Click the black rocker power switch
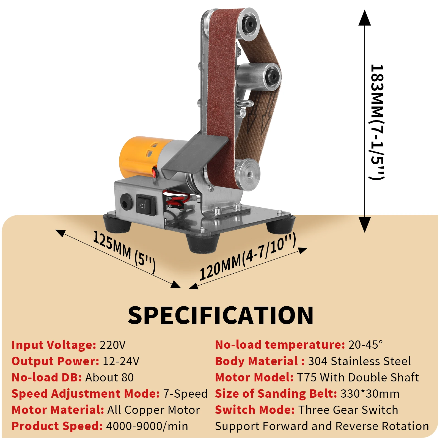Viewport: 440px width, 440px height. pyautogui.click(x=146, y=205)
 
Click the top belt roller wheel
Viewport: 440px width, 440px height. pyautogui.click(x=248, y=24)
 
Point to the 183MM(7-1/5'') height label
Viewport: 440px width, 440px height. pyautogui.click(x=377, y=122)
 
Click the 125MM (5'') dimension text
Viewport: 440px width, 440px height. pyautogui.click(x=124, y=252)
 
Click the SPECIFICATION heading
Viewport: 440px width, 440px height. pyautogui.click(x=221, y=315)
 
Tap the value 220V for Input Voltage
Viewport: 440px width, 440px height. pyautogui.click(x=112, y=345)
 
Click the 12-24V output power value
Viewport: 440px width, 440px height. pyautogui.click(x=121, y=361)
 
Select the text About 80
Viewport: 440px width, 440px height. pyautogui.click(x=109, y=377)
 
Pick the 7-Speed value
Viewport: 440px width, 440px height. pyautogui.click(x=185, y=394)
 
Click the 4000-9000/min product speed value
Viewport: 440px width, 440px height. pyautogui.click(x=147, y=426)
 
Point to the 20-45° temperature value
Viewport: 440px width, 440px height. pyautogui.click(x=365, y=345)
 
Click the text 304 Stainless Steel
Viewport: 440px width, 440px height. pyautogui.click(x=359, y=361)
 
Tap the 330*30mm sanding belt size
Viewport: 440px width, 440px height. pyautogui.click(x=370, y=394)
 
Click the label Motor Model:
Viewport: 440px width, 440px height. pyautogui.click(x=254, y=377)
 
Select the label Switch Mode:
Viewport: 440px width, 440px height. pyautogui.click(x=255, y=410)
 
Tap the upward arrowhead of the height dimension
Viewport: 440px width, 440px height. pyautogui.click(x=365, y=18)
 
